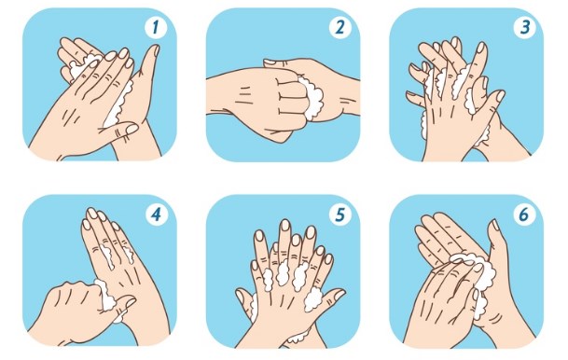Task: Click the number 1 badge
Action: point(156,26)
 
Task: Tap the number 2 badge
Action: point(339,26)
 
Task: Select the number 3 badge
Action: point(525,26)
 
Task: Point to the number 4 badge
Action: point(157,215)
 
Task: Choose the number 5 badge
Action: point(339,215)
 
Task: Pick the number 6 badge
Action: point(524,215)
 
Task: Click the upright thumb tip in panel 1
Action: point(155,50)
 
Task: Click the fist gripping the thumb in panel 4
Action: point(76,308)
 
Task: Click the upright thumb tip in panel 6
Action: point(493,225)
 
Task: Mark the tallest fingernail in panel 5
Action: point(285,225)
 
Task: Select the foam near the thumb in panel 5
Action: point(313,298)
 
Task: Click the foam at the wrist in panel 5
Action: point(297,339)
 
